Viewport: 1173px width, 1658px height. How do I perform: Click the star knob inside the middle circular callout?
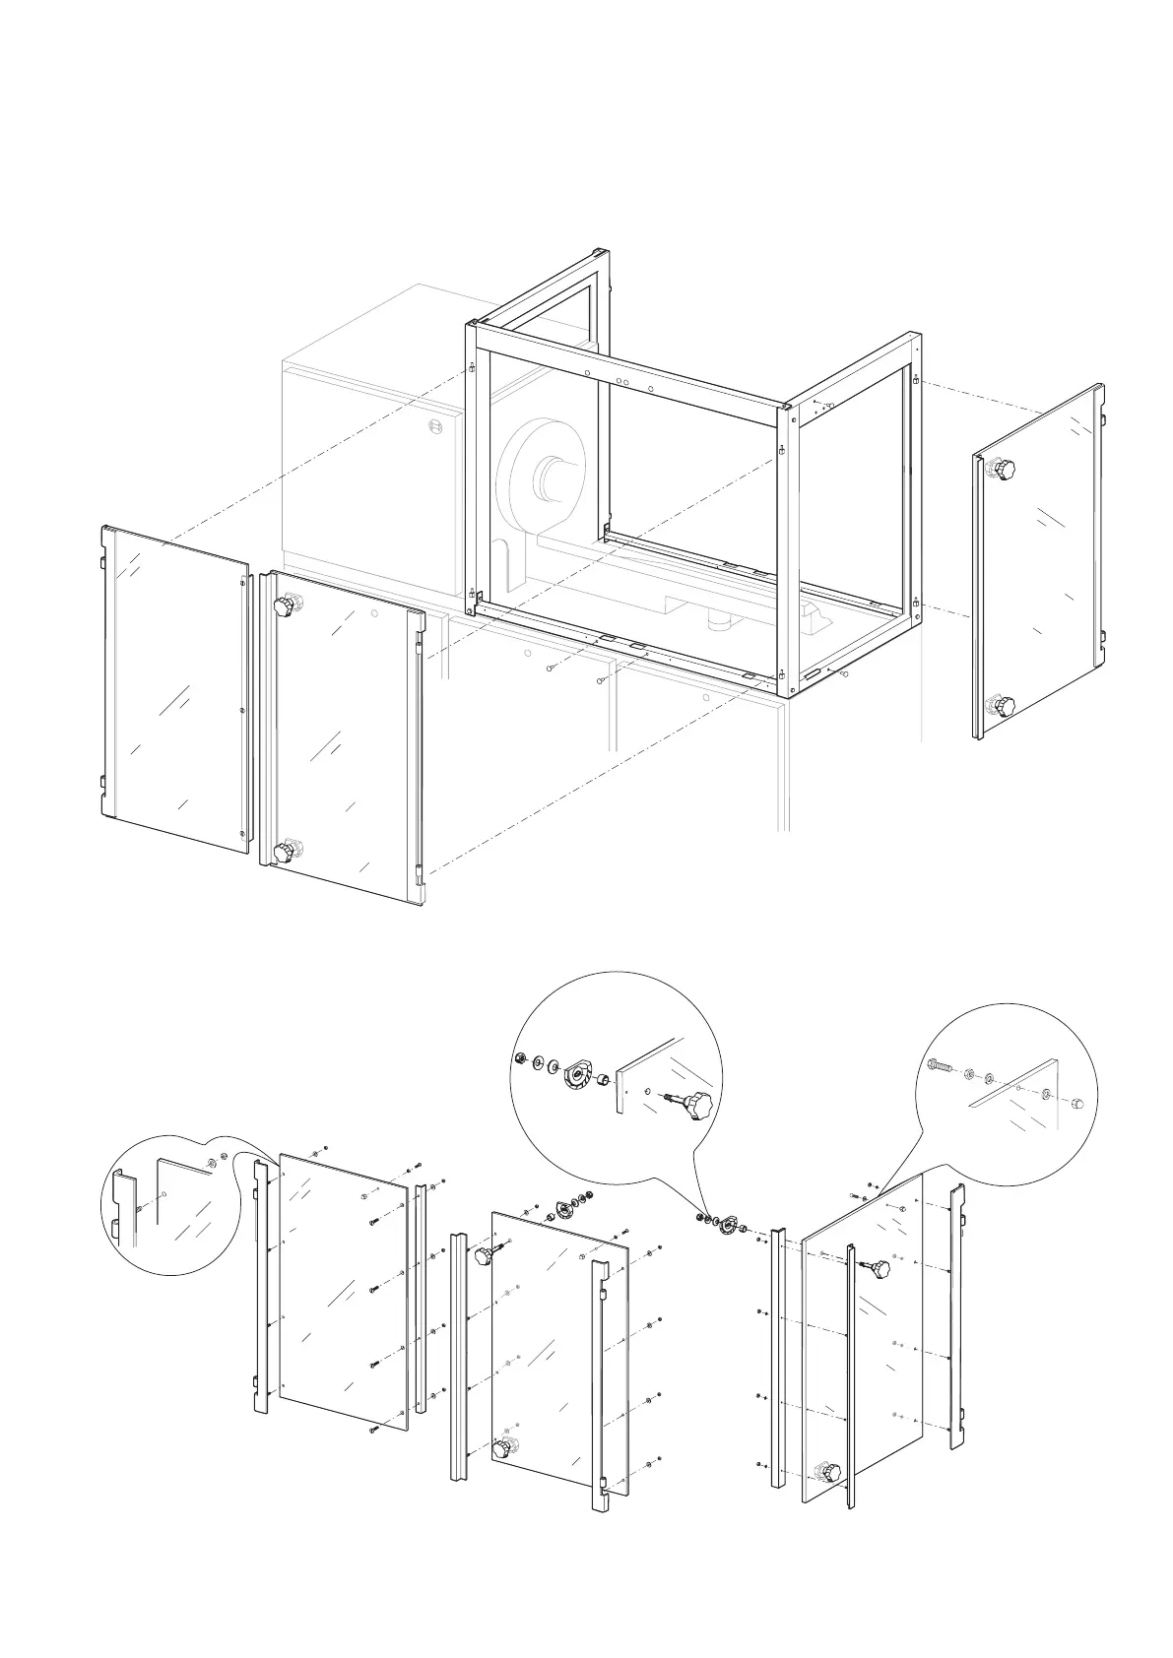pyautogui.click(x=697, y=1104)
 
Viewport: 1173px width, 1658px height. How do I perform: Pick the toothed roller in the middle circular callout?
pyautogui.click(x=575, y=1076)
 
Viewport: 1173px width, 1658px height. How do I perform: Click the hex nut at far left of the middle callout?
pyautogui.click(x=519, y=1058)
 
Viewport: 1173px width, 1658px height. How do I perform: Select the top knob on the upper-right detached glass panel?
pyautogui.click(x=1003, y=469)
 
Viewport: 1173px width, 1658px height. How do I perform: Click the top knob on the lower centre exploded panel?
pyautogui.click(x=485, y=1256)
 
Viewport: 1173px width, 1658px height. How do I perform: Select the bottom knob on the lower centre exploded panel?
pyautogui.click(x=503, y=1448)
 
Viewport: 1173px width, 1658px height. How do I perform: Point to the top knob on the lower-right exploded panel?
pyautogui.click(x=877, y=1270)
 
